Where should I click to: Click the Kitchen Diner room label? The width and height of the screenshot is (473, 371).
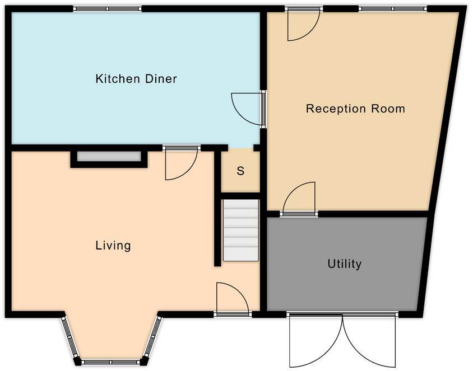click(x=136, y=79)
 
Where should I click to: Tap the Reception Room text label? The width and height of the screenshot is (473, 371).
click(x=355, y=109)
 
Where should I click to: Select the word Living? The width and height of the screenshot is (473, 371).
click(x=113, y=245)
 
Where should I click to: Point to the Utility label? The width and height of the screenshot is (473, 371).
click(x=345, y=264)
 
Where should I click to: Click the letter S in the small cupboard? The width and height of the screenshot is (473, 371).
click(x=240, y=171)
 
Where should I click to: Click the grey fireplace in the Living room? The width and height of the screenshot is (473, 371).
click(x=109, y=157)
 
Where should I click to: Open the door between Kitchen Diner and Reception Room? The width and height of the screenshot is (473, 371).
click(x=247, y=107)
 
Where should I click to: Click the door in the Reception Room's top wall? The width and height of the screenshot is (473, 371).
click(x=303, y=25)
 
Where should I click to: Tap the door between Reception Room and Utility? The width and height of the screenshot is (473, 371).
click(x=299, y=199)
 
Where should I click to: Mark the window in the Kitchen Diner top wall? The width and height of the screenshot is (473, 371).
click(x=107, y=8)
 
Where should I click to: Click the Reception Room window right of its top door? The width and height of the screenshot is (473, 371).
click(x=392, y=8)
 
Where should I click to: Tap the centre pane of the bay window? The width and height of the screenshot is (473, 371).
click(x=112, y=361)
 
